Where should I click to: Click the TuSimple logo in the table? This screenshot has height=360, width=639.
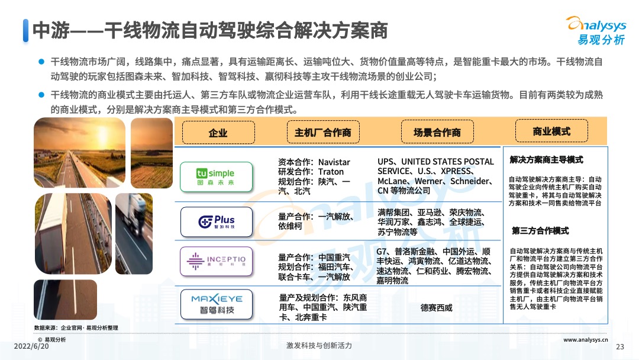pyautogui.click(x=215, y=176)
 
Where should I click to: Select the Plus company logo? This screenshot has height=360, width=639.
pyautogui.click(x=216, y=221)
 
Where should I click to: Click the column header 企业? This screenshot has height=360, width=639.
pyautogui.click(x=218, y=133)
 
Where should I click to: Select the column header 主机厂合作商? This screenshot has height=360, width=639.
pyautogui.click(x=322, y=133)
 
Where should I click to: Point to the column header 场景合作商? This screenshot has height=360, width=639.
pyautogui.click(x=437, y=133)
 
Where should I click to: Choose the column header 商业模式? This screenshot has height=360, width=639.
pyautogui.click(x=551, y=131)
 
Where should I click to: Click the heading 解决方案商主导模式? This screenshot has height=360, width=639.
pyautogui.click(x=546, y=160)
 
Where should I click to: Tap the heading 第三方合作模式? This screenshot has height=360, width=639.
pyautogui.click(x=540, y=230)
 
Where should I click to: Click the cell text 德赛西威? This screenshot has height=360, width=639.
pyautogui.click(x=436, y=308)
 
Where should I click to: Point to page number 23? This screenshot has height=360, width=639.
pyautogui.click(x=621, y=347)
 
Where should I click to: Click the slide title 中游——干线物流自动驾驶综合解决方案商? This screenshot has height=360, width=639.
pyautogui.click(x=210, y=30)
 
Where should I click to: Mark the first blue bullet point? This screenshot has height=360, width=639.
pyautogui.click(x=41, y=62)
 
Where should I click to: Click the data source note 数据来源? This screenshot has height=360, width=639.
pyautogui.click(x=76, y=327)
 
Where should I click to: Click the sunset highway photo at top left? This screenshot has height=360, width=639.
pyautogui.click(x=79, y=152)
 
